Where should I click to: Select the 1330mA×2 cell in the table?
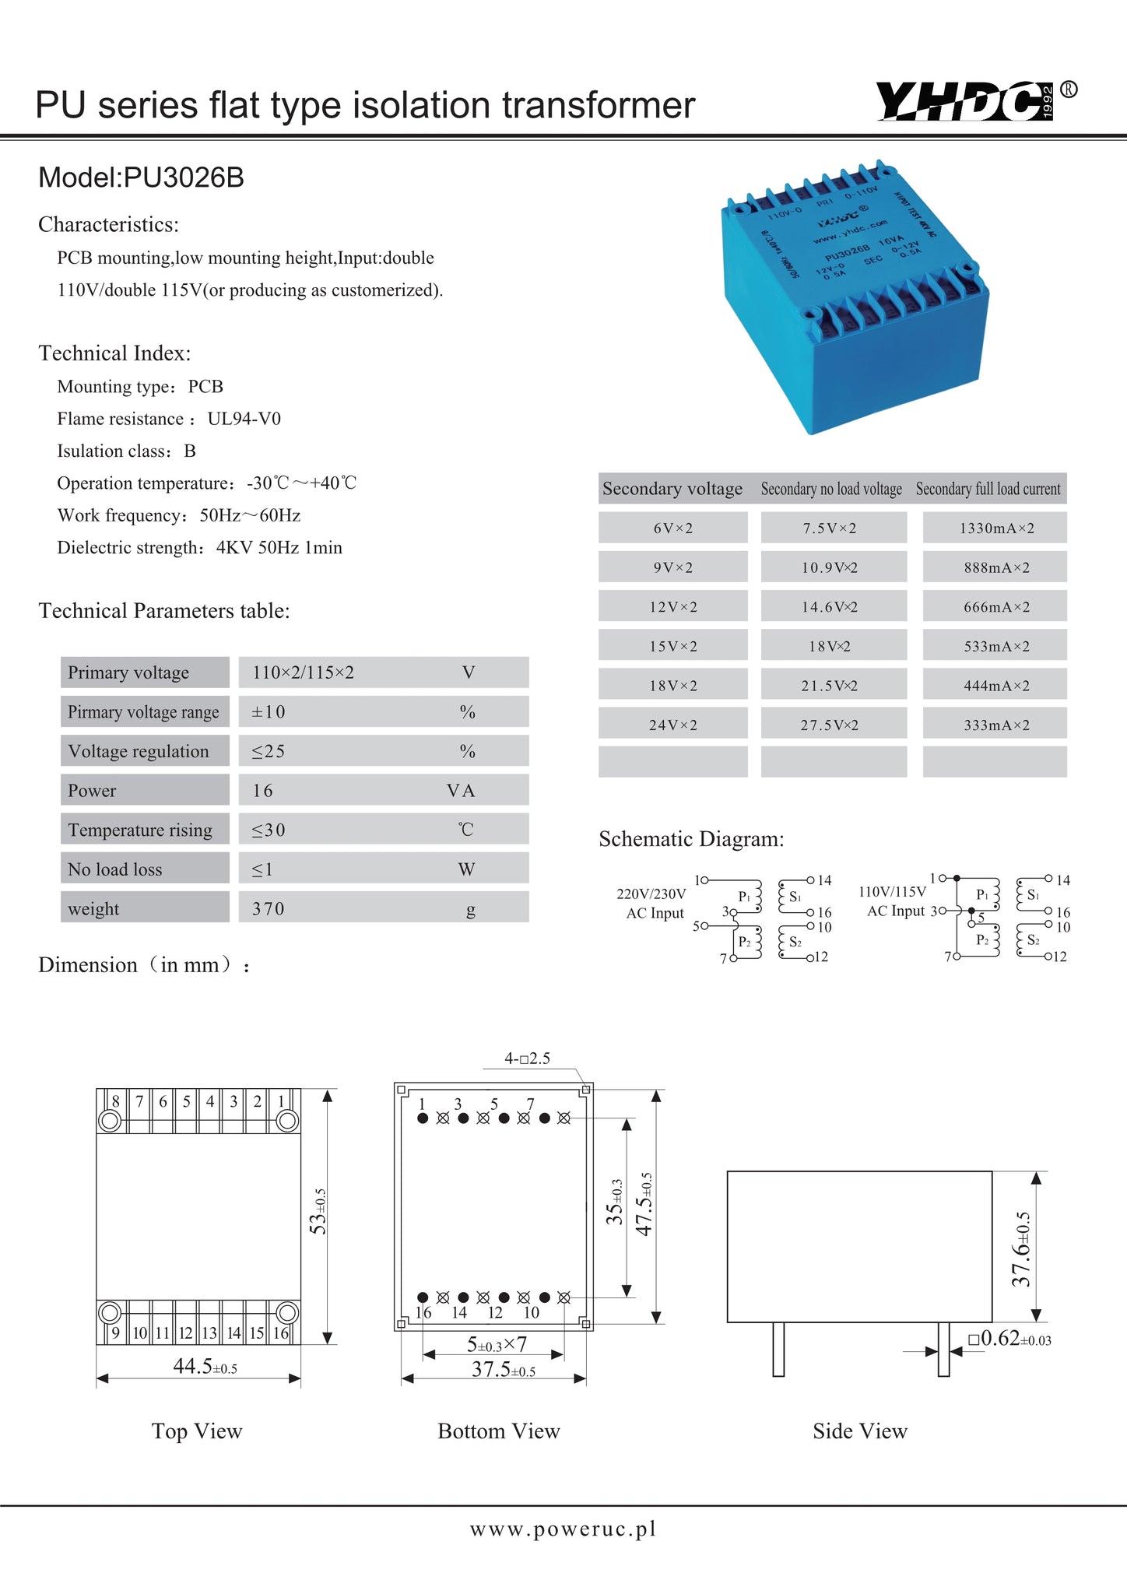click(995, 528)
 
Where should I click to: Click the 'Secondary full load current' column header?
click(988, 489)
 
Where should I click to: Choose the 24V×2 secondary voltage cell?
click(673, 725)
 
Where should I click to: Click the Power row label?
click(92, 791)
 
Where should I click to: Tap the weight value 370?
click(269, 908)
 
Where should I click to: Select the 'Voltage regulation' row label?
click(139, 751)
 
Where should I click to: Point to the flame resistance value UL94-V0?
click(244, 419)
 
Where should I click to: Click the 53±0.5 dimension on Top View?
click(318, 1211)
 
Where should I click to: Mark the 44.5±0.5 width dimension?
click(204, 1367)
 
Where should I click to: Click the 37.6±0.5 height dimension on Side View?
click(1021, 1248)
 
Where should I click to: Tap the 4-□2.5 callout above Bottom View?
click(527, 1059)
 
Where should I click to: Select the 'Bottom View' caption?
click(498, 1431)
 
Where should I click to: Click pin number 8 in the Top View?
click(116, 1101)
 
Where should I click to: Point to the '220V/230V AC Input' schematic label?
click(652, 903)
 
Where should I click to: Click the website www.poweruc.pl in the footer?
click(563, 1529)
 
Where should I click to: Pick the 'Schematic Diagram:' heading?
click(691, 839)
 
